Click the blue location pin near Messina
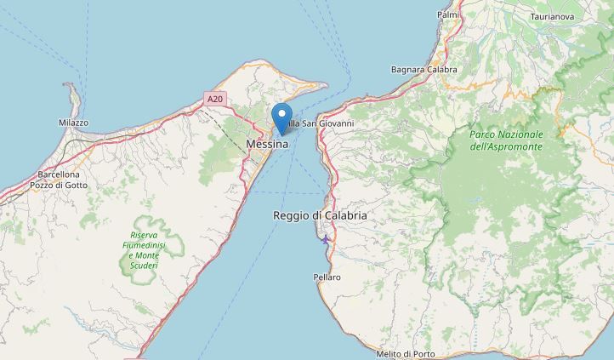tap(281, 117)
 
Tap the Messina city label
tap(267, 145)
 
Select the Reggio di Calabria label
tap(320, 216)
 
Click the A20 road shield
tap(215, 100)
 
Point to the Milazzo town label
tap(73, 123)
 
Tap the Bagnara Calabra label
tap(424, 69)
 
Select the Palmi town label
tap(447, 14)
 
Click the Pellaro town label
tap(327, 277)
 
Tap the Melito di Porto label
tap(406, 353)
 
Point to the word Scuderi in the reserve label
tap(145, 266)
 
